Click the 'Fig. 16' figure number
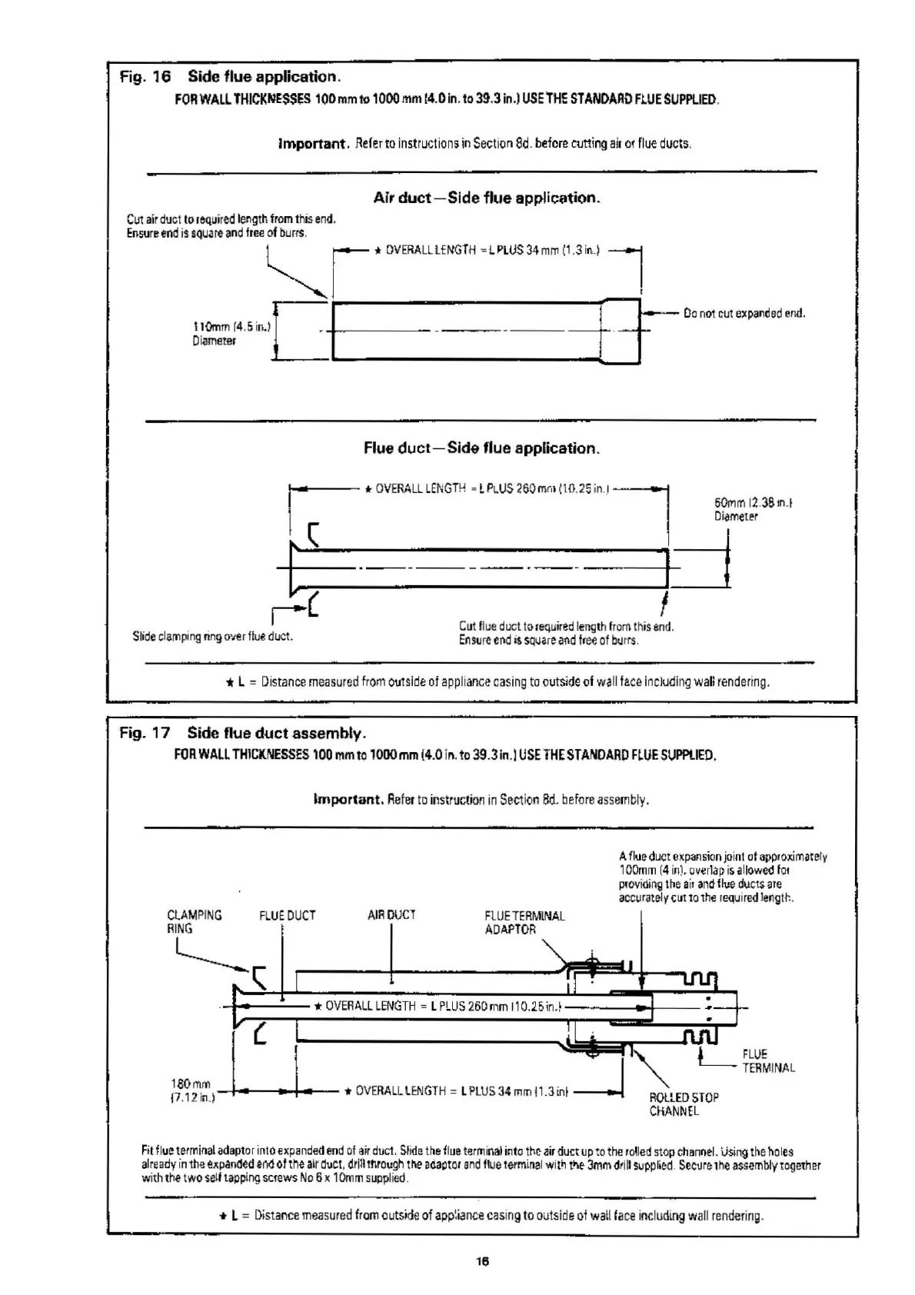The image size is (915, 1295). coord(145,77)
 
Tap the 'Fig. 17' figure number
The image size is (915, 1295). coord(145,733)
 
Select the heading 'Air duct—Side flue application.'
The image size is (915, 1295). coord(486,198)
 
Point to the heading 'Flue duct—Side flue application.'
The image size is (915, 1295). coord(481,448)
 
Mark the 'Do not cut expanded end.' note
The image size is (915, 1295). coord(744,313)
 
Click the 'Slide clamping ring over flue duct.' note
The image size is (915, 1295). coord(212,636)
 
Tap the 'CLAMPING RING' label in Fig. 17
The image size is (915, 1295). coord(194,921)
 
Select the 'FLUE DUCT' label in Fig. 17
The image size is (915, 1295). coord(287,915)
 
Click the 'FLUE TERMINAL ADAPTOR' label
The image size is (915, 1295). coord(524,922)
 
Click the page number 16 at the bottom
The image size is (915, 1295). coord(482,1261)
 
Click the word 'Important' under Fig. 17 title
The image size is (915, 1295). coord(348,799)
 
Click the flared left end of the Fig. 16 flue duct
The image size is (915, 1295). coord(299,568)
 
